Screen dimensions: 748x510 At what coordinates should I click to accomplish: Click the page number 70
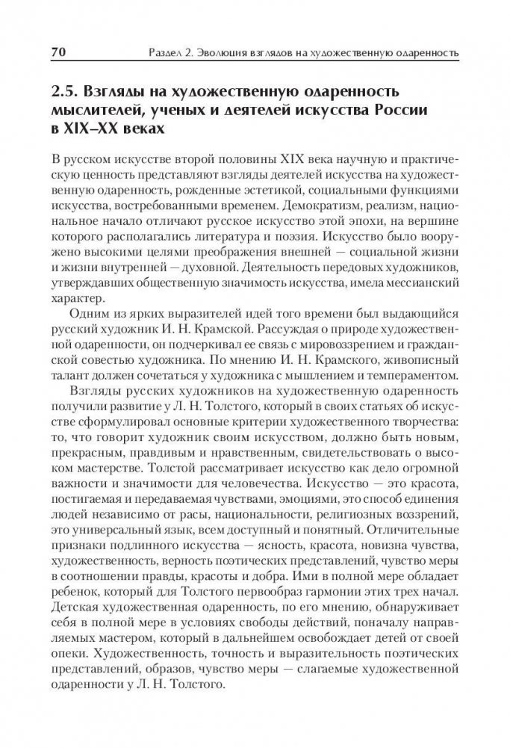60,52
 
